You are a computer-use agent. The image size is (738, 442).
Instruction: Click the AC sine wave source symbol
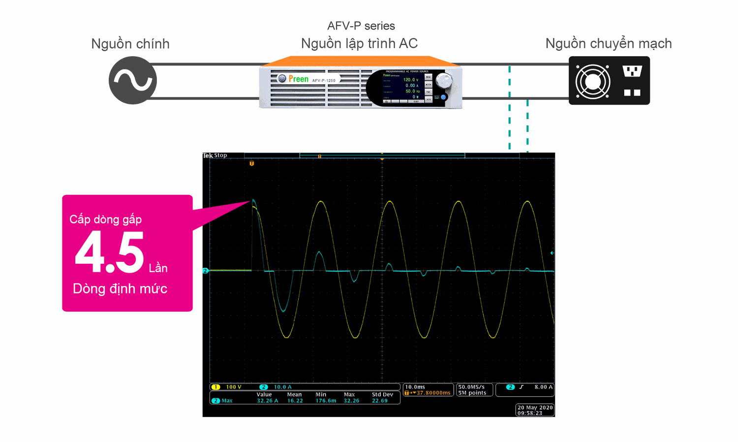[132, 80]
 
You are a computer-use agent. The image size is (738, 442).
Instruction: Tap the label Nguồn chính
[130, 44]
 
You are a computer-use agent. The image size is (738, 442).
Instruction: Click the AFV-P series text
[361, 26]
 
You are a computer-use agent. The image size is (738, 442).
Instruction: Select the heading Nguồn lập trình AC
[359, 43]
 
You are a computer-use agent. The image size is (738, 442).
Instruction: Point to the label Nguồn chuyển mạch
[608, 43]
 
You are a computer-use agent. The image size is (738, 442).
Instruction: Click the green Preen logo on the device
[298, 79]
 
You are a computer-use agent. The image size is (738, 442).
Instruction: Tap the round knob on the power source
[444, 80]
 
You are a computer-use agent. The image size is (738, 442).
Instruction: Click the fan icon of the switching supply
[593, 81]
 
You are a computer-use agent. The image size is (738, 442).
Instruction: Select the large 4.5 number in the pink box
[110, 252]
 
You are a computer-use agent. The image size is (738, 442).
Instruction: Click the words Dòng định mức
[120, 288]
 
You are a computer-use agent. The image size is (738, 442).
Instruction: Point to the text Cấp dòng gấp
[105, 219]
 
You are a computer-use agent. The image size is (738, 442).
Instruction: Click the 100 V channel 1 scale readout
[233, 387]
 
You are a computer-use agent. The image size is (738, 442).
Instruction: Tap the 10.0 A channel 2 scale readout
[282, 387]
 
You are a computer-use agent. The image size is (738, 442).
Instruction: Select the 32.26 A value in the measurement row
[267, 401]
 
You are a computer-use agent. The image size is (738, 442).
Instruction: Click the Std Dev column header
[382, 394]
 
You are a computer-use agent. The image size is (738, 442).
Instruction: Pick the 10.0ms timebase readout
[415, 387]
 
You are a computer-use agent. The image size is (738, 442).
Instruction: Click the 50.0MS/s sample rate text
[471, 387]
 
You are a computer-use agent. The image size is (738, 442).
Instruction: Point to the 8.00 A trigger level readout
[543, 387]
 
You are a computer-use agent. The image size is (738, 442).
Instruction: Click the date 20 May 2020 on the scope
[535, 408]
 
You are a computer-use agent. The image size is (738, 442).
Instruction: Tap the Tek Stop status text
[215, 156]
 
